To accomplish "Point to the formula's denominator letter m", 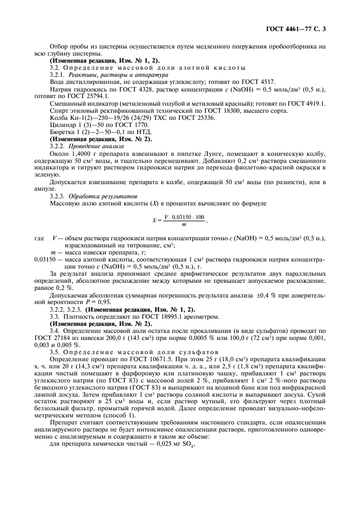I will pos(184,223).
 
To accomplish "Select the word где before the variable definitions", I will pos(39,238).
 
